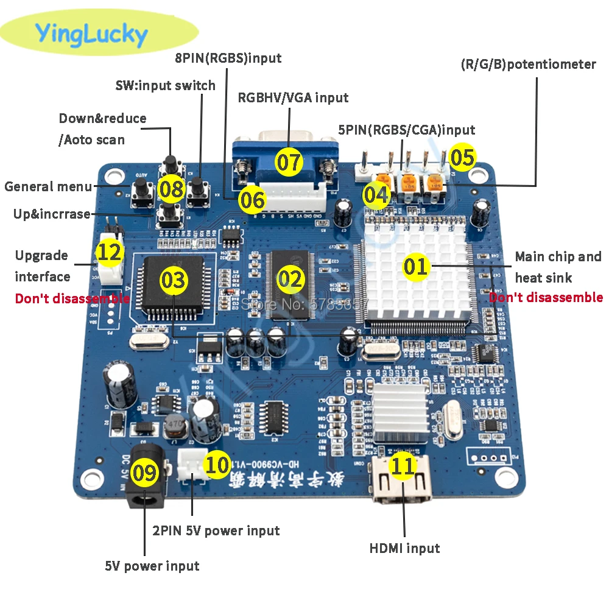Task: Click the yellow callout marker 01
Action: click(x=417, y=266)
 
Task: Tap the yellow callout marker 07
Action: click(x=289, y=162)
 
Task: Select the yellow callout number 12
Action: click(x=110, y=252)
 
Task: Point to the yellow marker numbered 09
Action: click(x=144, y=472)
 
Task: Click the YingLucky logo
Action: click(x=91, y=34)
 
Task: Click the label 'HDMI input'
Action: click(x=404, y=548)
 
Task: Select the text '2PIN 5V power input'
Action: click(x=216, y=530)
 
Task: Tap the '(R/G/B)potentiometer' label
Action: click(x=528, y=64)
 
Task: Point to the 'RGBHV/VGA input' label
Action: click(x=293, y=97)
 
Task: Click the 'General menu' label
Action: click(x=48, y=186)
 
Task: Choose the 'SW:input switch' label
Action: click(x=165, y=85)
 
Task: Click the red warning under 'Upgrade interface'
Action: click(x=72, y=298)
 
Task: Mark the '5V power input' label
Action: click(x=152, y=566)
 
